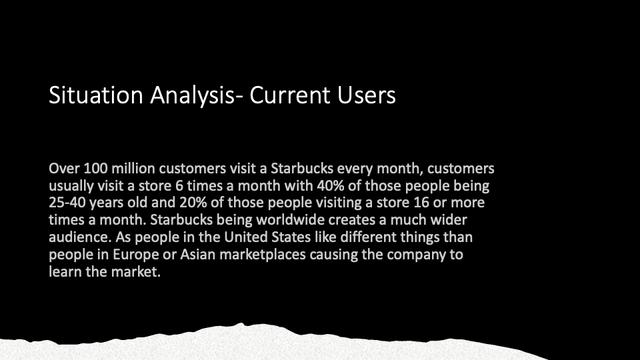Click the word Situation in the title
[96, 95]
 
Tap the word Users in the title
[366, 95]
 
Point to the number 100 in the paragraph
[95, 168]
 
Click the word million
[133, 168]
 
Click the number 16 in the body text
[421, 203]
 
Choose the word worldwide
[290, 219]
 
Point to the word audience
[80, 237]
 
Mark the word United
[243, 237]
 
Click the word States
[285, 237]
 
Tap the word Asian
[197, 254]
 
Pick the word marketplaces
[263, 254]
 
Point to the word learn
[65, 271]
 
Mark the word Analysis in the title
[193, 95]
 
